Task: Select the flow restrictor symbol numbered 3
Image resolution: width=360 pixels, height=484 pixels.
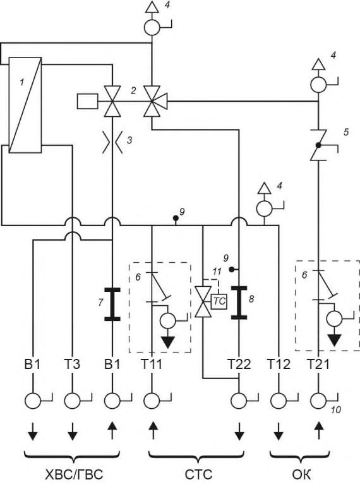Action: click(112, 142)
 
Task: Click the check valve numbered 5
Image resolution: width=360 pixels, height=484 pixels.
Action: click(318, 145)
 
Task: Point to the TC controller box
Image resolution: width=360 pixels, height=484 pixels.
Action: click(219, 301)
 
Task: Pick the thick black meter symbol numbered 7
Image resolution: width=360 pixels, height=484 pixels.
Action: click(112, 305)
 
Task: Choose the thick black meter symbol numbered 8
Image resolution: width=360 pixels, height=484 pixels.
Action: click(239, 303)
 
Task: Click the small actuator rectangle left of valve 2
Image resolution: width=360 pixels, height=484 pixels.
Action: click(88, 101)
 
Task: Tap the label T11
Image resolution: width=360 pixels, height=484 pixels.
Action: click(152, 364)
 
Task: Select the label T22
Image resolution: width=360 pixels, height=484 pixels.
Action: click(239, 364)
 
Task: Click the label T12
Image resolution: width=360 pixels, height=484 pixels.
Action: click(279, 364)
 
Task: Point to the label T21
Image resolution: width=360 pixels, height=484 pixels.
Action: click(318, 364)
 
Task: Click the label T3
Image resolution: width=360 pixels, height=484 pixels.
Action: click(72, 364)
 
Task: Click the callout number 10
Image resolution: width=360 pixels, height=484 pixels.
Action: click(336, 410)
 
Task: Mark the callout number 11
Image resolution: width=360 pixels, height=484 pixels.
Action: click(217, 272)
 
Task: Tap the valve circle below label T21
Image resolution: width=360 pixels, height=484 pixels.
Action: click(318, 401)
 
